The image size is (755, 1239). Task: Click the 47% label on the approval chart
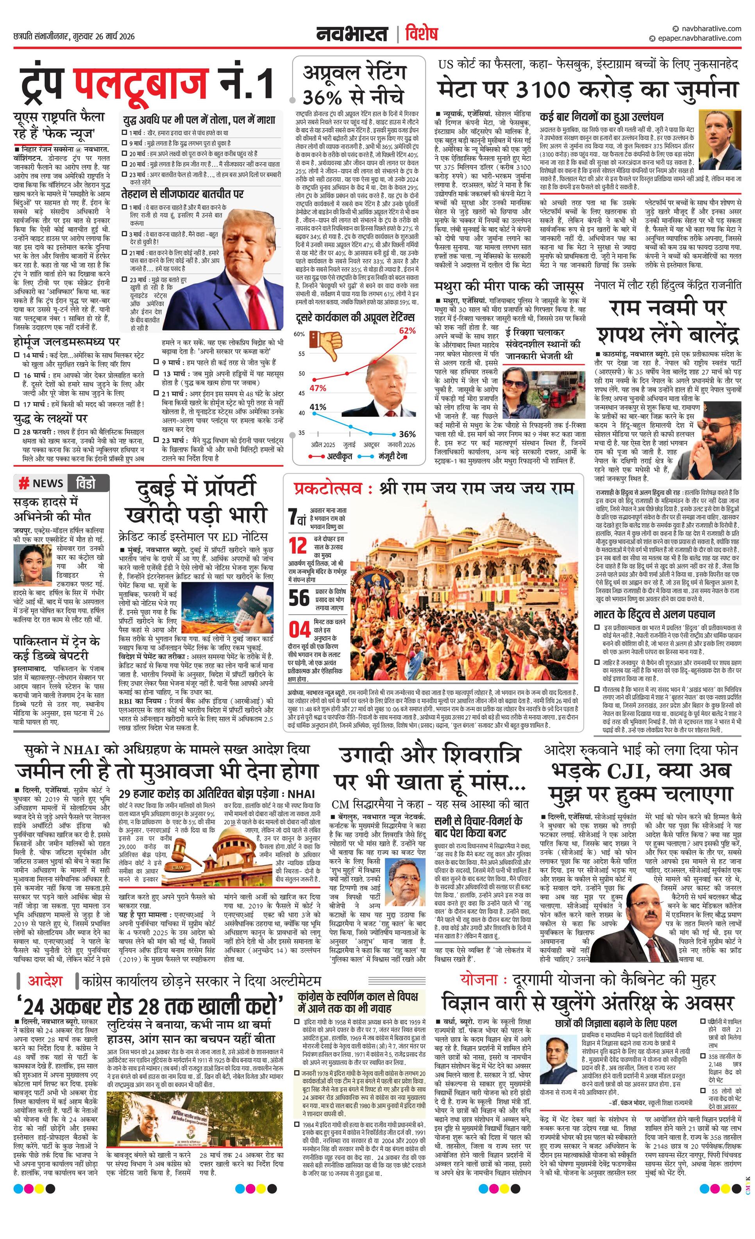[x=317, y=388]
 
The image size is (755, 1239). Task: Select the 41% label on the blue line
[x=317, y=407]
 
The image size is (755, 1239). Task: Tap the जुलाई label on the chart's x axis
[x=349, y=445]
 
